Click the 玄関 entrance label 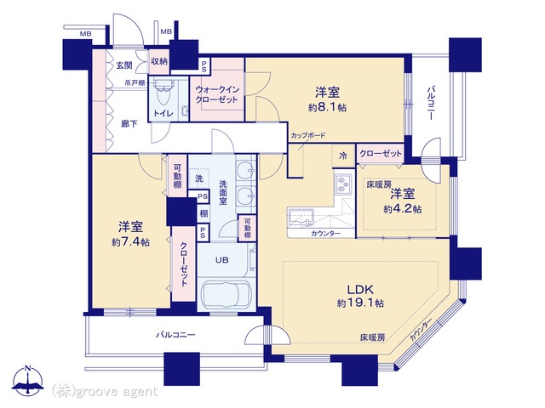125,65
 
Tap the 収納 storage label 159,62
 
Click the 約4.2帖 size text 400,208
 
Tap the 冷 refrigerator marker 342,155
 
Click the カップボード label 307,136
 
